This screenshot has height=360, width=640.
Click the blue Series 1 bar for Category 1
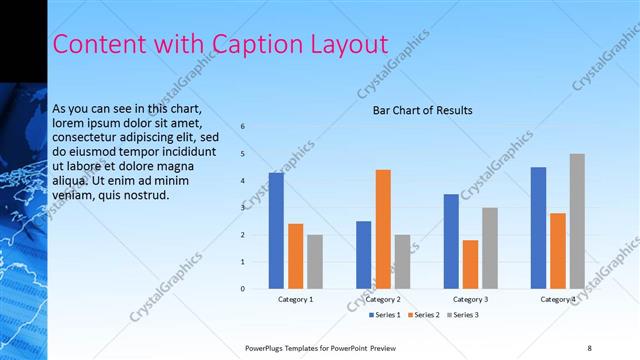point(276,231)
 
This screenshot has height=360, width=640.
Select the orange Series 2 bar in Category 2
point(383,229)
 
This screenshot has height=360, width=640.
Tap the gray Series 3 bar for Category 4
point(577,221)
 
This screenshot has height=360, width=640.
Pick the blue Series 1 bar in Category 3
point(451,241)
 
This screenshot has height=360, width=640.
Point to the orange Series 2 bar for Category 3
point(470,264)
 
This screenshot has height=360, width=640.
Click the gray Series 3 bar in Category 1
point(315,262)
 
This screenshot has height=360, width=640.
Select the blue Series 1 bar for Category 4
point(538,228)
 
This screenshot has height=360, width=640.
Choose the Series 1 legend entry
point(384,316)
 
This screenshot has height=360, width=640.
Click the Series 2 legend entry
point(423,316)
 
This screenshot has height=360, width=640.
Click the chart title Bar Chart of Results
point(423,110)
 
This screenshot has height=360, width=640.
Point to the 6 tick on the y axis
point(243,127)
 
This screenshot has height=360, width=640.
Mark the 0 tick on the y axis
point(243,289)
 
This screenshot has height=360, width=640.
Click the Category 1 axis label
point(296,299)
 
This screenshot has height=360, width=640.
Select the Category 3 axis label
point(470,299)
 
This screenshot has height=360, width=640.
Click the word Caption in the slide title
point(252,44)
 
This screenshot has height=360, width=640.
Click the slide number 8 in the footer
point(589,347)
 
